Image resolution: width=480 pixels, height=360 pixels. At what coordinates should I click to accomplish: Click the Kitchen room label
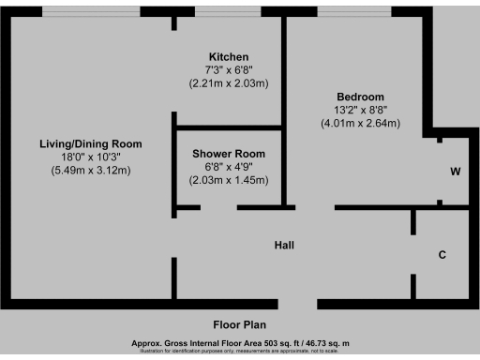(229, 56)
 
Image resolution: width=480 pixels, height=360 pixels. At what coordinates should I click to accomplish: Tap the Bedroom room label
(360, 97)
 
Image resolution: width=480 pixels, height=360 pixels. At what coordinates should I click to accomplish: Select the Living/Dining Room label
(90, 143)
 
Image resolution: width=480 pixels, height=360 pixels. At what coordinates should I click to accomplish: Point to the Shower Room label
(229, 153)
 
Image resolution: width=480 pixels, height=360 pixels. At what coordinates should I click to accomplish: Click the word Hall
(285, 245)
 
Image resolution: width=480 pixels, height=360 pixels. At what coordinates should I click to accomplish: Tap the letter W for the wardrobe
(455, 172)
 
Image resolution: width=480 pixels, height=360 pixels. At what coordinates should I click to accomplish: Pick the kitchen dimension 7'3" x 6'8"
(229, 69)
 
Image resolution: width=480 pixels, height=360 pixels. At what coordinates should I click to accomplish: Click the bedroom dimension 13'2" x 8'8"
(360, 110)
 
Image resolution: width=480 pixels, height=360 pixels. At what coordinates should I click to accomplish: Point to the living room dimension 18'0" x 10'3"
(90, 157)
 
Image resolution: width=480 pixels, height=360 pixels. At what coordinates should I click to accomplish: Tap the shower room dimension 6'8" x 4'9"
(229, 166)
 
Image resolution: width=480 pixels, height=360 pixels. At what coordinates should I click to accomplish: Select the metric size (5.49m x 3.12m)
(90, 170)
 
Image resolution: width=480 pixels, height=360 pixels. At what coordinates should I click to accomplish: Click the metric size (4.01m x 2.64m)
(360, 123)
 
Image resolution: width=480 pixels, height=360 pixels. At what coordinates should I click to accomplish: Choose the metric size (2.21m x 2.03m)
(229, 82)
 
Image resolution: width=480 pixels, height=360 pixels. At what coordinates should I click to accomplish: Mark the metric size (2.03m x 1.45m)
(229, 179)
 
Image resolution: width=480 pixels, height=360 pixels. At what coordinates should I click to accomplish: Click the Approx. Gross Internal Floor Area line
(240, 344)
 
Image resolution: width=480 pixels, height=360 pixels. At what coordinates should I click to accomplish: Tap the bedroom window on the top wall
(355, 11)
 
